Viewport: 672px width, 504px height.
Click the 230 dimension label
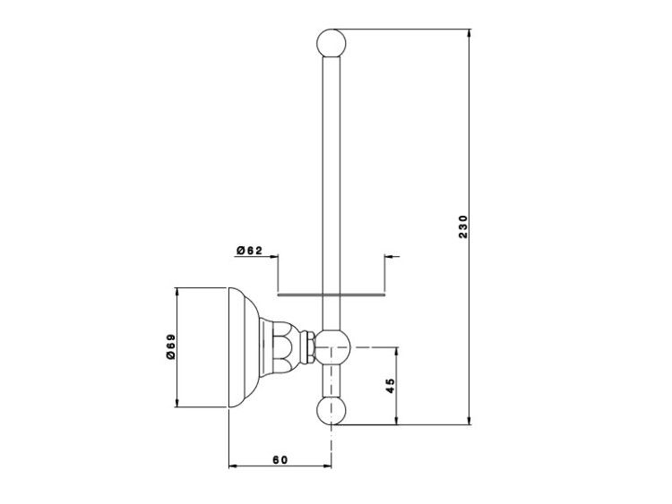click(x=463, y=227)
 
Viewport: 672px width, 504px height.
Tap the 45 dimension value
click(x=390, y=386)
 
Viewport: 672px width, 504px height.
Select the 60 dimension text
click(x=280, y=460)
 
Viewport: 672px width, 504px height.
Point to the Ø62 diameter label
click(x=249, y=251)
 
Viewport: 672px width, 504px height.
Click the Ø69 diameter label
click(x=171, y=346)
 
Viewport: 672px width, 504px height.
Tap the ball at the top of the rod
click(x=332, y=43)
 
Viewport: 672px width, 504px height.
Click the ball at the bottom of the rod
click(x=332, y=411)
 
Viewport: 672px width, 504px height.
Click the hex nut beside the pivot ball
click(x=308, y=347)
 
